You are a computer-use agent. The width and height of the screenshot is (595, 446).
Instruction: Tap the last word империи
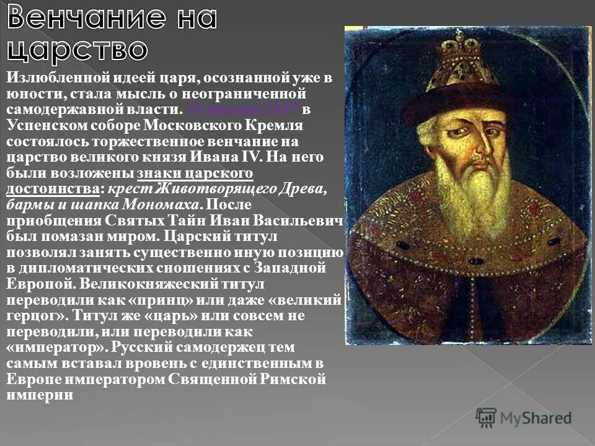[x=40, y=395]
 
